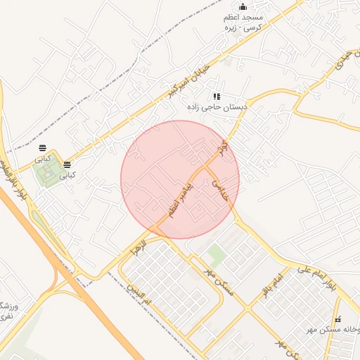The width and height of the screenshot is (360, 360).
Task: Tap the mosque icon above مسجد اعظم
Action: pyautogui.click(x=243, y=7)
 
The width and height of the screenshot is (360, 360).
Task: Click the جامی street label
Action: pyautogui.click(x=220, y=189)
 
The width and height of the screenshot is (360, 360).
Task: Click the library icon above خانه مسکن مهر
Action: pyautogui.click(x=337, y=319)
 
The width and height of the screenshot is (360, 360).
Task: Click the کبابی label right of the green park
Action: pyautogui.click(x=67, y=176)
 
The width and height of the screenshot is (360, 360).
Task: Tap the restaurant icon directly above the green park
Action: pyautogui.click(x=43, y=148)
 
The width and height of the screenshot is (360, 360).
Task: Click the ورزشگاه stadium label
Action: pyautogui.click(x=6, y=310)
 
